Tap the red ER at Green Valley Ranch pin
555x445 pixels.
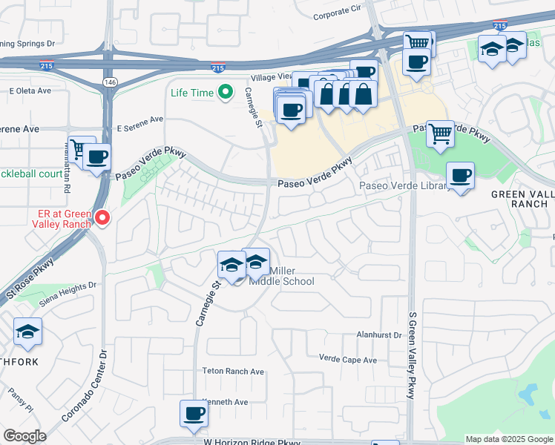[x=103, y=218]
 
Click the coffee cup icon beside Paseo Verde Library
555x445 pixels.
[x=461, y=176]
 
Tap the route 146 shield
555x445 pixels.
[x=110, y=82]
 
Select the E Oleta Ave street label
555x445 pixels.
[x=30, y=91]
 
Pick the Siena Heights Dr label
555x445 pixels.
[x=69, y=286]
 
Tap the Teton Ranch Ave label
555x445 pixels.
[x=233, y=372]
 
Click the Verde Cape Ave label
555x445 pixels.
[x=347, y=360]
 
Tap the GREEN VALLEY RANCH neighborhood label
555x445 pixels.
[x=522, y=199]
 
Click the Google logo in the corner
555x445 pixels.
[x=24, y=436]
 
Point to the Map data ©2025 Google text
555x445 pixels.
[x=508, y=439]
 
